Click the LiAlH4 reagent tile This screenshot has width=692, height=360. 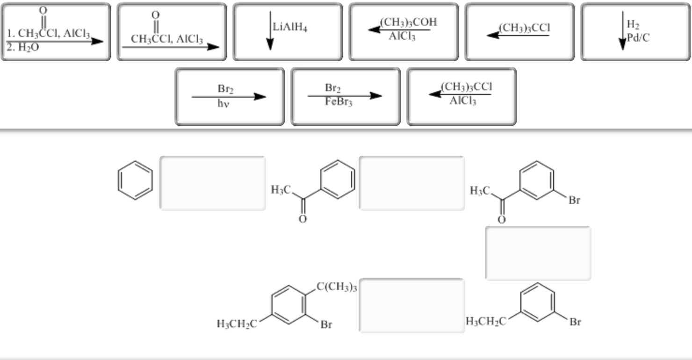(288, 32)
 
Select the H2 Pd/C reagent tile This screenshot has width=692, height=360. (635, 32)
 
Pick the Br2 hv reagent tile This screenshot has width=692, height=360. (229, 96)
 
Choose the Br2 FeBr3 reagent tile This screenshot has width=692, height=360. (345, 96)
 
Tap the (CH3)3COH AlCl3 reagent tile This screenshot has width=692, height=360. (403, 32)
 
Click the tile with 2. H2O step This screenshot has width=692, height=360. (55, 32)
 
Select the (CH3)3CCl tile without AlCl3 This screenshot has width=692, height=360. (519, 32)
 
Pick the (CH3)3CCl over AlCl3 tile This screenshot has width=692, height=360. (461, 96)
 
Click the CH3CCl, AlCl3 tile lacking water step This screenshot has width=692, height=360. (171, 32)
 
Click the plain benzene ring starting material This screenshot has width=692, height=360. (135, 180)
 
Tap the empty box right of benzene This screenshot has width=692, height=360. (213, 183)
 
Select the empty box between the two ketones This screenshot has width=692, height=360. (411, 183)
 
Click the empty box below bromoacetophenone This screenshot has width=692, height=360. (538, 253)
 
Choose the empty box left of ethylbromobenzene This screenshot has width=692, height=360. (411, 306)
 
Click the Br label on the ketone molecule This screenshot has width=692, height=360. (574, 201)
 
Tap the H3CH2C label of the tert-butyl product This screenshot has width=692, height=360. (236, 324)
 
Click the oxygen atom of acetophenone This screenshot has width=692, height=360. (303, 219)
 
